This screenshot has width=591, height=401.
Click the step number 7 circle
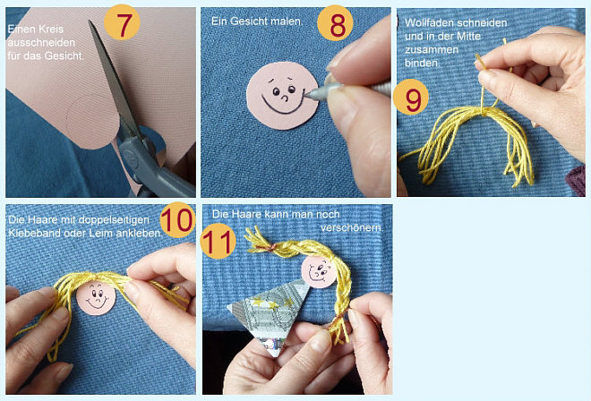click(x=122, y=22)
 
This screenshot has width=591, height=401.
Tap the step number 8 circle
click(x=335, y=23)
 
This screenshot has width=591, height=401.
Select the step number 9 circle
click(x=411, y=97)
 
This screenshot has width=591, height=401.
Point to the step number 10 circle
click(x=178, y=219)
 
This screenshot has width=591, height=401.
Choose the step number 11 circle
click(x=218, y=241)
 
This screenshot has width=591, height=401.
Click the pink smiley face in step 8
click(x=282, y=96)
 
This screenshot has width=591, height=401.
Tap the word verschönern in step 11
click(x=352, y=227)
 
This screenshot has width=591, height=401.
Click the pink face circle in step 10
click(x=96, y=298)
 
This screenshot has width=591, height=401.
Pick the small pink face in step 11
click(x=320, y=272)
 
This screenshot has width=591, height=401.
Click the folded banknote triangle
click(x=270, y=316)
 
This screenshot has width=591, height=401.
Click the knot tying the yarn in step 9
click(x=483, y=110)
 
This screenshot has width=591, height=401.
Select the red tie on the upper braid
click(x=271, y=247)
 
